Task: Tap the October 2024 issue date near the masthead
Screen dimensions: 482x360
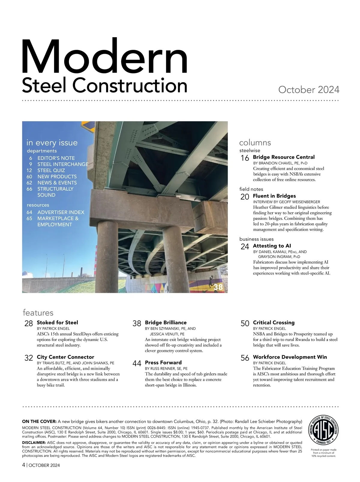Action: tap(309, 90)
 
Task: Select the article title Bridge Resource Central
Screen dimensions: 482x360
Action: tap(283, 157)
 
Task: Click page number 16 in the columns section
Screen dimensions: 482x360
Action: tap(245, 158)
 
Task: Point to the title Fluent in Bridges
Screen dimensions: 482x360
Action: tap(274, 196)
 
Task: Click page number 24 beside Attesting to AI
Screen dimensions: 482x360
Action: tap(245, 247)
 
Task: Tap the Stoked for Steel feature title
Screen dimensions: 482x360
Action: tap(57, 323)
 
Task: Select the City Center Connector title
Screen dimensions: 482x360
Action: tap(65, 357)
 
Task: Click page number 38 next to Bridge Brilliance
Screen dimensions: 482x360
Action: tap(137, 324)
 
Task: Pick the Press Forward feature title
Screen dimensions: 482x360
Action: tap(163, 363)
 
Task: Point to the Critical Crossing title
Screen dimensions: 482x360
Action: tap(274, 323)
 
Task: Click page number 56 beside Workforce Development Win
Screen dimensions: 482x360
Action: tap(245, 358)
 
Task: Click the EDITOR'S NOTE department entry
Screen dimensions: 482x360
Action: tap(56, 158)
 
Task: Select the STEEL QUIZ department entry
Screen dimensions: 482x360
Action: tap(51, 170)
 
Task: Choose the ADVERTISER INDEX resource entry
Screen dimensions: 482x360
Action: tap(61, 212)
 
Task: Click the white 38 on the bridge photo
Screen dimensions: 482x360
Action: tap(218, 287)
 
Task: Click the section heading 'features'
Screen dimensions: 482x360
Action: tap(38, 313)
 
